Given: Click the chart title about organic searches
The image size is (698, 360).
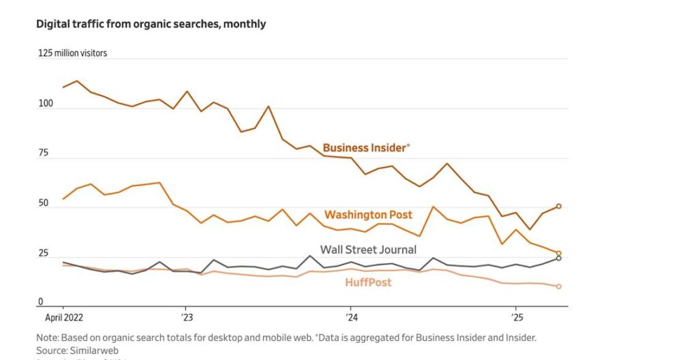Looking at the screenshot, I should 151,24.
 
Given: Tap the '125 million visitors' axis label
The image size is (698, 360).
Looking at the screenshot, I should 72,52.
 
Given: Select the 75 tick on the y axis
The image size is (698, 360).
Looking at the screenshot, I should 43,153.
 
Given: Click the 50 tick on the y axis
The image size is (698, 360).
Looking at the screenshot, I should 43,203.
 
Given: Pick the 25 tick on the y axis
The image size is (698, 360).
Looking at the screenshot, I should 43,254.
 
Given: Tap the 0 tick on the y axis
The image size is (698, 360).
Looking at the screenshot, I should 40,302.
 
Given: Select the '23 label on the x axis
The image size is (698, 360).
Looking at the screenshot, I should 187,317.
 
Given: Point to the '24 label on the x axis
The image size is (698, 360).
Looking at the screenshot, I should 352,317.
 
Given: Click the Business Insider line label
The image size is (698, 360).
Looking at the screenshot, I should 366,147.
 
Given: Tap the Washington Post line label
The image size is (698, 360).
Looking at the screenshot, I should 368,215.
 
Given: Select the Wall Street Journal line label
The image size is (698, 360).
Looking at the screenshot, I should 368,250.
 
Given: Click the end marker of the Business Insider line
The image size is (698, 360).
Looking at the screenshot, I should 559,206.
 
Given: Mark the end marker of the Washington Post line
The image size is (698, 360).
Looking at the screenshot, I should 559,253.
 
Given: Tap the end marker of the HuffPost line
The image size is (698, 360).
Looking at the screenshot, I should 559,286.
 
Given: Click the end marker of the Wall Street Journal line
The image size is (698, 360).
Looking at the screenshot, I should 559,258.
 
